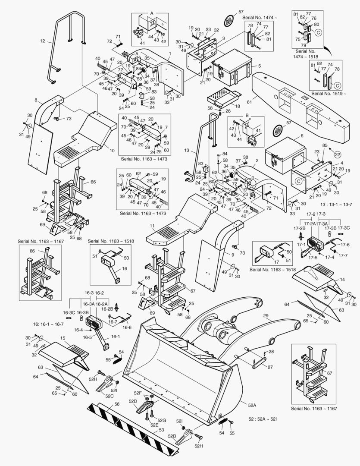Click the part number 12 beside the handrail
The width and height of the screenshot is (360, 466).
click(x=42, y=41)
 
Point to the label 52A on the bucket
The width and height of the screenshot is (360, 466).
click(x=252, y=405)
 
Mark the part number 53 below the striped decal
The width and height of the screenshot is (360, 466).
click(x=161, y=430)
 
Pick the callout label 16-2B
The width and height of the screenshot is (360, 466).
click(x=106, y=309)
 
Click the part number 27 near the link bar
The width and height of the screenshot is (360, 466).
click(x=270, y=367)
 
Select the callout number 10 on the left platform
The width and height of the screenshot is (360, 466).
click(x=112, y=151)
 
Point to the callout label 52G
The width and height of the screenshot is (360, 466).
click(x=162, y=420)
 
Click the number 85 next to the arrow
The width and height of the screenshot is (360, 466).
click(x=324, y=145)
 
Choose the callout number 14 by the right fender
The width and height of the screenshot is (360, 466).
click(x=342, y=279)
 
